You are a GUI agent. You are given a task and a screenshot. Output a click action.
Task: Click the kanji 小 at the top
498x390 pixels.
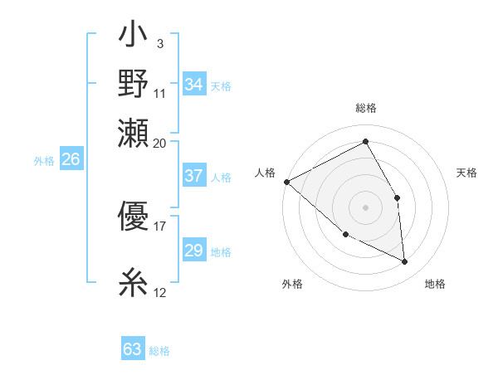point(134,38)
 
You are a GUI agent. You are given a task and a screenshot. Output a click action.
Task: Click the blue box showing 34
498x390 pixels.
point(194,85)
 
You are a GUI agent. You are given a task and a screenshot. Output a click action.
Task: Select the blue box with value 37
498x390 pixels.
point(194,176)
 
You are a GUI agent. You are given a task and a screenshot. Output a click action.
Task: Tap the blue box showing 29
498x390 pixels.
point(194,251)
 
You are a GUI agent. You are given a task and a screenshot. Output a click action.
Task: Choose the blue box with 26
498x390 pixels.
point(71,160)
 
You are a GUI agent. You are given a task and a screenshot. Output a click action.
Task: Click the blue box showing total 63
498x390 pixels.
point(133,349)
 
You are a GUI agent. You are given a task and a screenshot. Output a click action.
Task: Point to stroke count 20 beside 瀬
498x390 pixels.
point(160,143)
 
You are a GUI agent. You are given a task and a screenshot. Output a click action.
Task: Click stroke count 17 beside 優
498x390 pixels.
point(160,225)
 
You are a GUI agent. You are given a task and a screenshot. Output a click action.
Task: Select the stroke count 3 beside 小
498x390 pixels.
point(159,42)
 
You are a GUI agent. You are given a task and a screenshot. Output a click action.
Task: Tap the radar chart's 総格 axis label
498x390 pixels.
point(366,108)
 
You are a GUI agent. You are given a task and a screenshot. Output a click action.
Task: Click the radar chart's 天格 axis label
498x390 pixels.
point(467,172)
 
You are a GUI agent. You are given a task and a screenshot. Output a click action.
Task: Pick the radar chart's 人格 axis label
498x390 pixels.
point(265,172)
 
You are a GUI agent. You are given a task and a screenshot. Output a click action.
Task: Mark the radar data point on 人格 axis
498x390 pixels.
point(286,182)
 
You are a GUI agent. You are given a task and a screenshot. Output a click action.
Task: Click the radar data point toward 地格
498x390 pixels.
point(405,261)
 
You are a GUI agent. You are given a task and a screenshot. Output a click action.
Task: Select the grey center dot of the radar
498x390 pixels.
point(366,207)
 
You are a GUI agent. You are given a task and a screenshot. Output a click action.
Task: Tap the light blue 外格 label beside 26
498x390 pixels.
point(43,161)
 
